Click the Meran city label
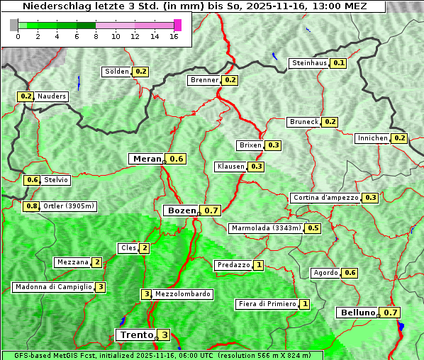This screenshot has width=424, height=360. click(x=147, y=159)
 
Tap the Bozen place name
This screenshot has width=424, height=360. click(x=181, y=210)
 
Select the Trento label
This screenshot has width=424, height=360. click(x=136, y=335)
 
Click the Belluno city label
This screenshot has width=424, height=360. click(x=357, y=313)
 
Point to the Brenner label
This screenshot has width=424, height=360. click(x=205, y=80)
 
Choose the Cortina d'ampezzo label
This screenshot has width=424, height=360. click(x=325, y=198)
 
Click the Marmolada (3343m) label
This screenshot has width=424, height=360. click(x=266, y=228)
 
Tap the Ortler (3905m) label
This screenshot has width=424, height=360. click(x=69, y=206)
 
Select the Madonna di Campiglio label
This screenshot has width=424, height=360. click(x=53, y=287)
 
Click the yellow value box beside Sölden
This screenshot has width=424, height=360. click(x=141, y=72)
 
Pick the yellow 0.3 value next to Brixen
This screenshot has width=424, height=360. click(x=273, y=145)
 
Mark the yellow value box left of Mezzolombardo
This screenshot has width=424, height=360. click(x=147, y=294)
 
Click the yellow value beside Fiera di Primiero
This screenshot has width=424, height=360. click(x=305, y=304)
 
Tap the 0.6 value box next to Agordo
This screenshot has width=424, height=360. click(x=350, y=273)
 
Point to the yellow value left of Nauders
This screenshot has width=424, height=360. click(x=26, y=96)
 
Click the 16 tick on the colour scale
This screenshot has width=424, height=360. click(x=174, y=36)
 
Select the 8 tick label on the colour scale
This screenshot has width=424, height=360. click(x=96, y=36)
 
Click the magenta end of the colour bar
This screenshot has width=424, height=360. click(x=177, y=25)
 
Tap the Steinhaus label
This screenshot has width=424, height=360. click(x=310, y=63)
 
